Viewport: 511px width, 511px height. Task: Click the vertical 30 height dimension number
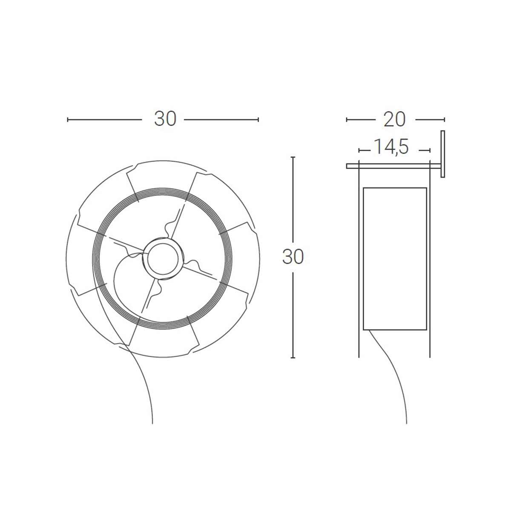(293, 257)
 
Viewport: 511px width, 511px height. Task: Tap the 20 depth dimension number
(395, 119)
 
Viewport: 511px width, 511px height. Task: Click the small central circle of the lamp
(163, 259)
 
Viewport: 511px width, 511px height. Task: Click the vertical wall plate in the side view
(442, 154)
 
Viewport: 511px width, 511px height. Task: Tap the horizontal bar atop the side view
(393, 166)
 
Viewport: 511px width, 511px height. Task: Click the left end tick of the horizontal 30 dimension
(68, 120)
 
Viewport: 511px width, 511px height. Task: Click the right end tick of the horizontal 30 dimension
(258, 120)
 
